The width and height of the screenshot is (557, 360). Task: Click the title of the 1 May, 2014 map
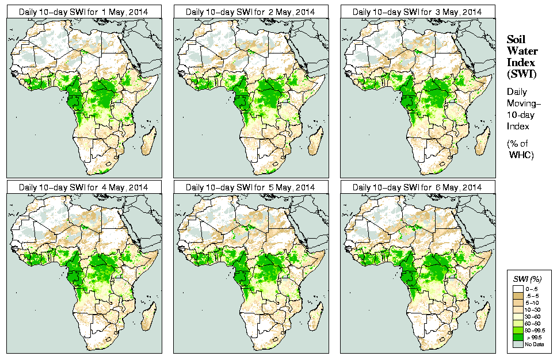pos(83,12)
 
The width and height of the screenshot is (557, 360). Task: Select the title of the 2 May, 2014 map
pos(250,12)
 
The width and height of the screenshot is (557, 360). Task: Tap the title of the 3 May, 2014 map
pos(417,12)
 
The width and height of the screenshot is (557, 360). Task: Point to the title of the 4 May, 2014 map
pos(83,187)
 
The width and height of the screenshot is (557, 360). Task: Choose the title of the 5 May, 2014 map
pos(250,187)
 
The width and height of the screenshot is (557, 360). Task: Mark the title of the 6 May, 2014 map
pos(417,187)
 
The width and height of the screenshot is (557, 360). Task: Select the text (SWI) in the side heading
pos(520,74)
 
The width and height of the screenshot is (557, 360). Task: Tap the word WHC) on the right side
pos(522,155)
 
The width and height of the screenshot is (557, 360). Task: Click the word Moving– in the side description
pos(522,103)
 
